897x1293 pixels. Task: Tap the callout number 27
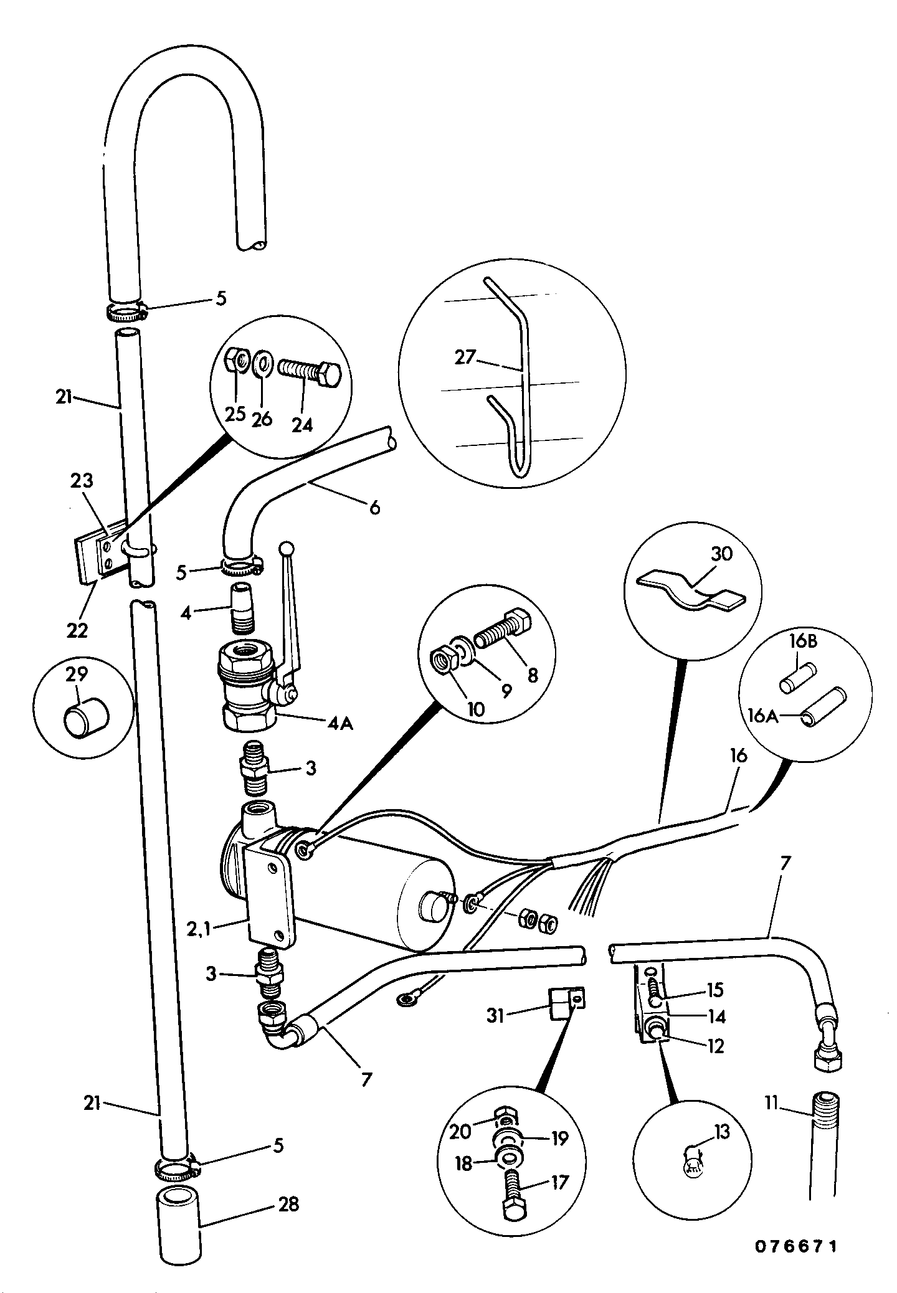[465, 358]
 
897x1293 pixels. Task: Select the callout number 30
[721, 554]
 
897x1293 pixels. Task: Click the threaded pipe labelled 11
[825, 1147]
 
